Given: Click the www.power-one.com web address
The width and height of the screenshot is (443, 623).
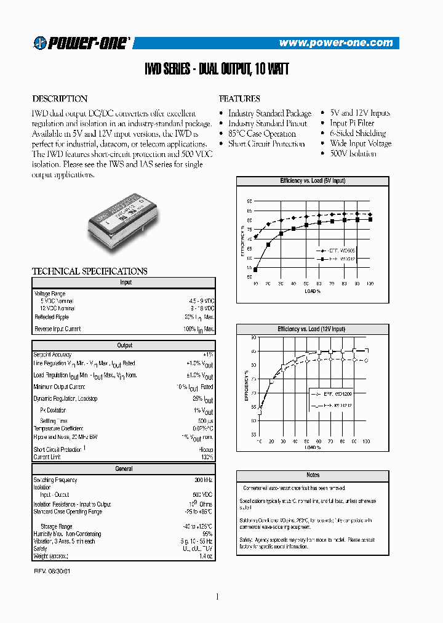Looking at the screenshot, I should (x=335, y=43).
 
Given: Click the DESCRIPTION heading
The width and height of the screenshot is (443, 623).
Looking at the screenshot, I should (x=60, y=98).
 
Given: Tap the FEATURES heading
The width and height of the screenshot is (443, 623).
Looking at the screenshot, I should (x=239, y=98).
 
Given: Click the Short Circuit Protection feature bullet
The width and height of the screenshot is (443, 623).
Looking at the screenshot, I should (x=266, y=143).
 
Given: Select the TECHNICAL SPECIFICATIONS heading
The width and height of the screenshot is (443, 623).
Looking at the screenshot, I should (x=89, y=271).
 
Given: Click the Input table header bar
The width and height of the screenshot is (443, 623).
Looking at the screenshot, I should (x=124, y=283).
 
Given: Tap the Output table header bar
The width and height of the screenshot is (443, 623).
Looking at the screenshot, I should (x=124, y=345).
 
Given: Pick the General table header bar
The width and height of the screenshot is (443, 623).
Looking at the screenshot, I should (x=124, y=469).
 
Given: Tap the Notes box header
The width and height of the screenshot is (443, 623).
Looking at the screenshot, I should (x=313, y=475).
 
